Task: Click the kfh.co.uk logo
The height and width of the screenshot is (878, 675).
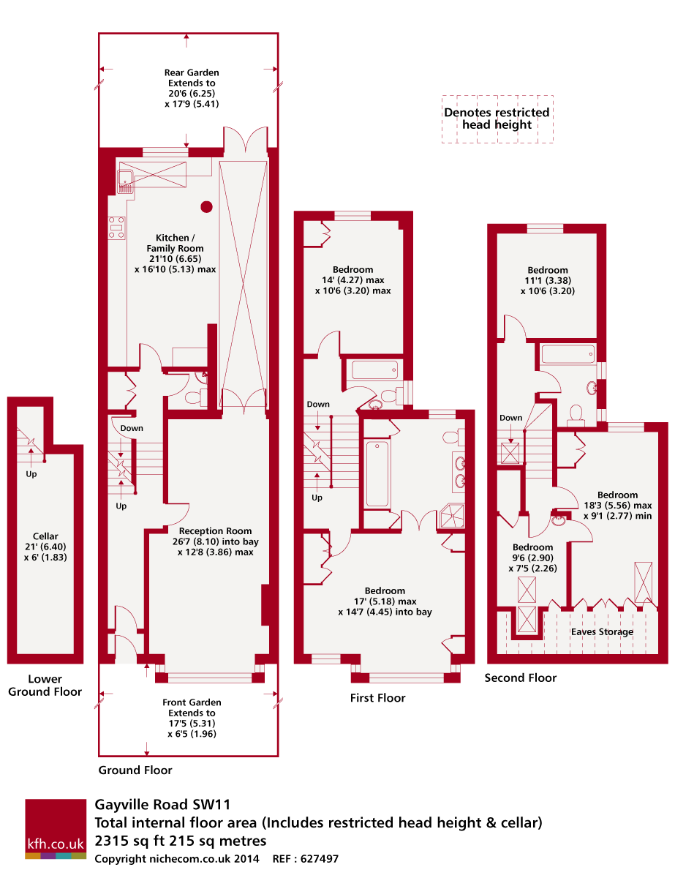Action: [56, 828]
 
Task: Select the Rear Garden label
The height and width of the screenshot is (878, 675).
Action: [192, 89]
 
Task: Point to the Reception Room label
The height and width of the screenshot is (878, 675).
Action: [216, 541]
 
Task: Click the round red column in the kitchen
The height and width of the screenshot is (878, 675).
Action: [207, 206]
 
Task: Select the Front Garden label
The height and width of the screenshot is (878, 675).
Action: [192, 718]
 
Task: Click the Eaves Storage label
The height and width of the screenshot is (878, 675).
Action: [603, 631]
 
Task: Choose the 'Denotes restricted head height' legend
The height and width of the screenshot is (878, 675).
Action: [497, 119]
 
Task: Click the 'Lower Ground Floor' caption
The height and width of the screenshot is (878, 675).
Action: [45, 686]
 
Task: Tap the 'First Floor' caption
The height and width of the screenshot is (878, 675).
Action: [377, 698]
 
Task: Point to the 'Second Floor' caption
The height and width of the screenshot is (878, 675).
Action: [521, 678]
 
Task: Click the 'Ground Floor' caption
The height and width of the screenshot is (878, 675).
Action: [135, 770]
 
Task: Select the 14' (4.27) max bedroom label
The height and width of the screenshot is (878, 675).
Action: [352, 280]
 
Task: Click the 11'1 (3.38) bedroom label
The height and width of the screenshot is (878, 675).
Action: [548, 280]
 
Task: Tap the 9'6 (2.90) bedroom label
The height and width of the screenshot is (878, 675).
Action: [532, 558]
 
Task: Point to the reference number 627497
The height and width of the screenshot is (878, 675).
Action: [318, 858]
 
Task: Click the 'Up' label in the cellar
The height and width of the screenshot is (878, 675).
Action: [31, 473]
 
